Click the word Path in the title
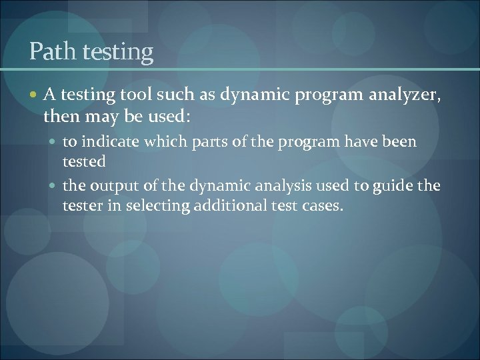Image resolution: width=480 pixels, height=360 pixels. click(51, 51)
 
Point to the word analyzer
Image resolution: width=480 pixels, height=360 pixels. click(406, 98)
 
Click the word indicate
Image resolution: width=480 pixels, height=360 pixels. click(117, 142)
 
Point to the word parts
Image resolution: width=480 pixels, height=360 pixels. click(217, 143)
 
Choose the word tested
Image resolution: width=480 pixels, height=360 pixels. click(83, 162)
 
